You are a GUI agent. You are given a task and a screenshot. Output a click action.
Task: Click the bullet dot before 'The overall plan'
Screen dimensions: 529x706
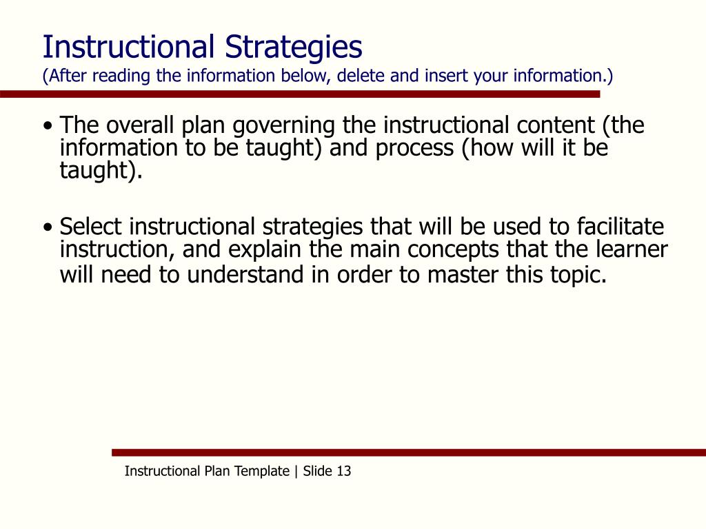point(48,127)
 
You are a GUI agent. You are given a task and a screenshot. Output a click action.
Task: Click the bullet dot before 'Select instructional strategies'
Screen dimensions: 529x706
point(48,227)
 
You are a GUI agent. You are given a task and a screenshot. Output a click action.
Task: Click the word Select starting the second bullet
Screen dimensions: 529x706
point(90,227)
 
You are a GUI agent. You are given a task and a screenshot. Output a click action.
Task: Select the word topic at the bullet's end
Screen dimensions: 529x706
point(583,275)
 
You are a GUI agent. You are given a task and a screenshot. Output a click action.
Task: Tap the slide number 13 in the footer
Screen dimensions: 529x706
point(343,472)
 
